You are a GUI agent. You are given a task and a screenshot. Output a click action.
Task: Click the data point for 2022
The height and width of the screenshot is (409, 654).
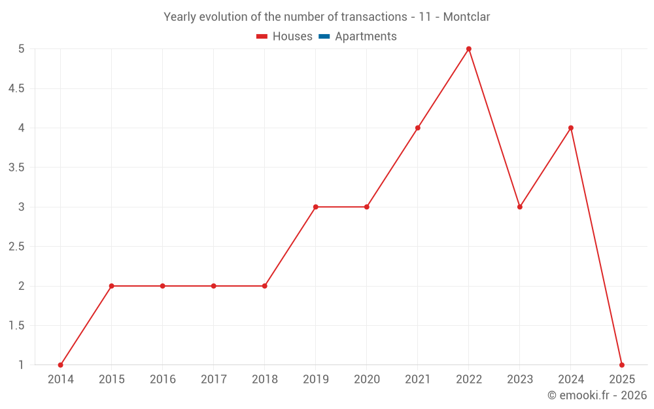469,49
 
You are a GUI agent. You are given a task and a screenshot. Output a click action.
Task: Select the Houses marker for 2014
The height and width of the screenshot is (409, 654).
61,365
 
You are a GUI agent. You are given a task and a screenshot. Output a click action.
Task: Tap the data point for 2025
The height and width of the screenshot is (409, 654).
622,365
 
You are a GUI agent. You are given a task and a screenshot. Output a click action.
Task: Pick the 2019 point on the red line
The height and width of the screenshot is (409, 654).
316,207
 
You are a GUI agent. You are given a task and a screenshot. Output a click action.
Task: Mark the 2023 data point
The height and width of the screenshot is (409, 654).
520,207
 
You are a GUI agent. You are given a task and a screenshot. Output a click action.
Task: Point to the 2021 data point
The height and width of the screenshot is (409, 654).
418,128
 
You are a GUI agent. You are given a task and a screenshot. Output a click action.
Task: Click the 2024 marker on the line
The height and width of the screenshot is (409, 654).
571,128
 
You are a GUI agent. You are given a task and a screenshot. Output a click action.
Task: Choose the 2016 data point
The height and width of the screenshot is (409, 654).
163,286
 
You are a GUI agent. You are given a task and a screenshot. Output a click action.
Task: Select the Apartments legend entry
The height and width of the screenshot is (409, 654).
366,37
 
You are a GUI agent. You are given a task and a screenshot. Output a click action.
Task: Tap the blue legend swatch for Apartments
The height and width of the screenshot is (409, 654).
324,37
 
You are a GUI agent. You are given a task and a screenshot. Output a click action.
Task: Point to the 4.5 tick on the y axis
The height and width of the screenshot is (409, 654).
16,88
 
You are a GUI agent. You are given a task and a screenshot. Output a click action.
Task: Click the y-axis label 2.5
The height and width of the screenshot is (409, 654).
16,247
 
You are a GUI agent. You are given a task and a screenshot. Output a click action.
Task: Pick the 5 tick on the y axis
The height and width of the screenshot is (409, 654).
22,49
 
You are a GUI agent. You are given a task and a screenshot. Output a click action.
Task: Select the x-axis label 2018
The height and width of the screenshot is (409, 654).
265,380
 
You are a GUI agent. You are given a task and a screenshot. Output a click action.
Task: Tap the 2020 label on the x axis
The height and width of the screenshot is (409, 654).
367,380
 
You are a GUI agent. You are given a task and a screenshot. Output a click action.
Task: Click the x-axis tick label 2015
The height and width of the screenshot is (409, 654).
112,380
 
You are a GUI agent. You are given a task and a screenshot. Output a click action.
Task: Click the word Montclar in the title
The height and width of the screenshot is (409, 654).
466,17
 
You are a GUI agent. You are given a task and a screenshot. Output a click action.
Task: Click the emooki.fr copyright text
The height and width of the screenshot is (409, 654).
597,395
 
